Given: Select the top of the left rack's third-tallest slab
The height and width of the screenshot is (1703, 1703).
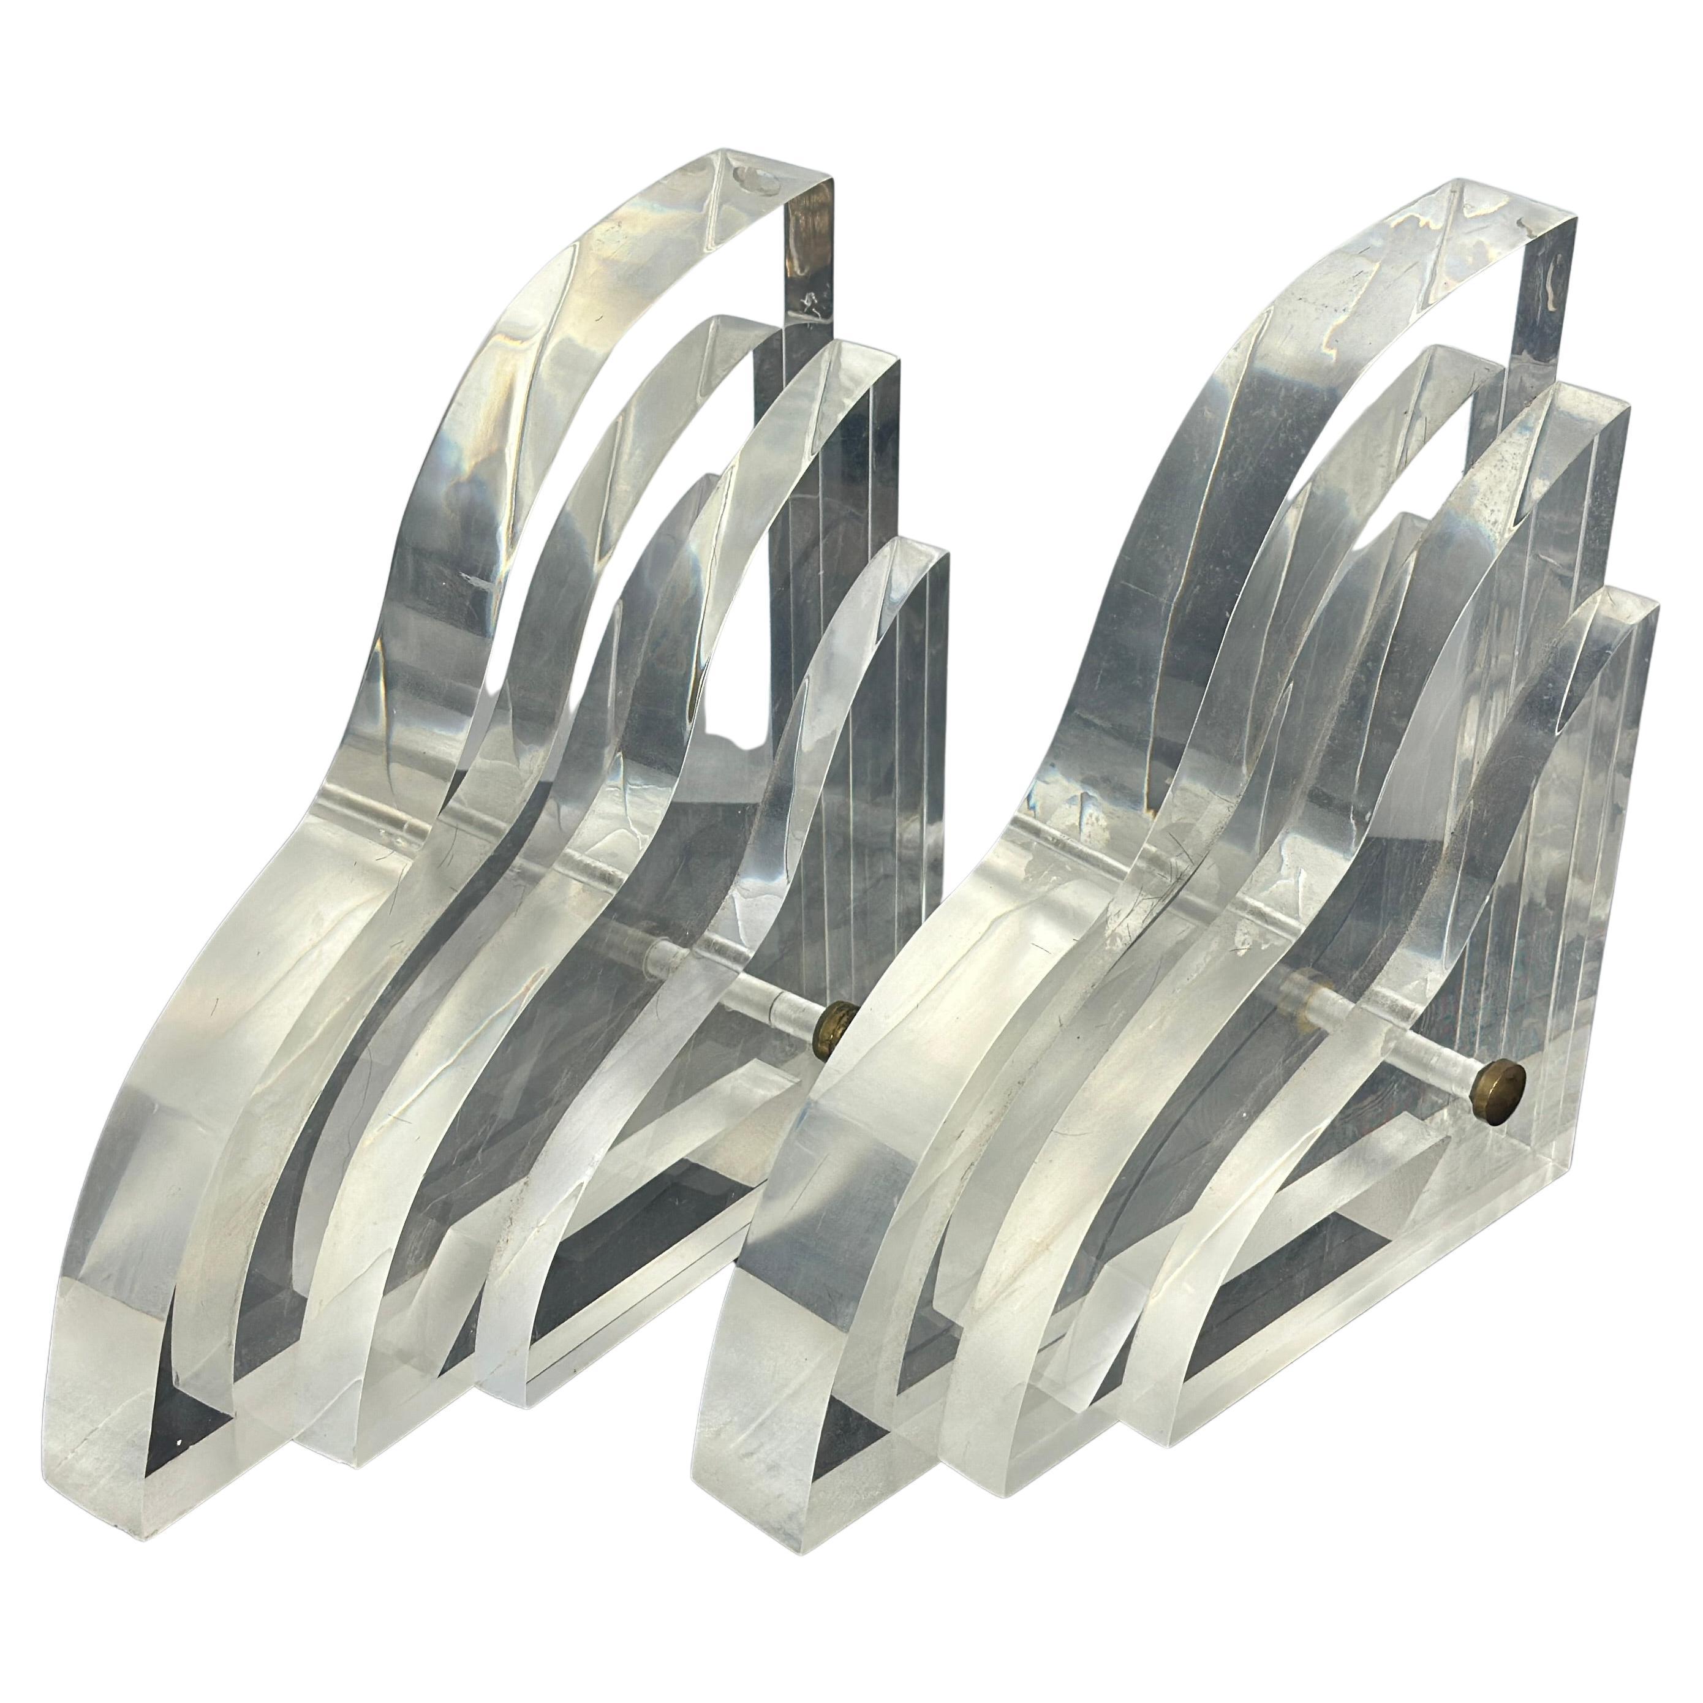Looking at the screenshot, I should [x=846, y=370].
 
